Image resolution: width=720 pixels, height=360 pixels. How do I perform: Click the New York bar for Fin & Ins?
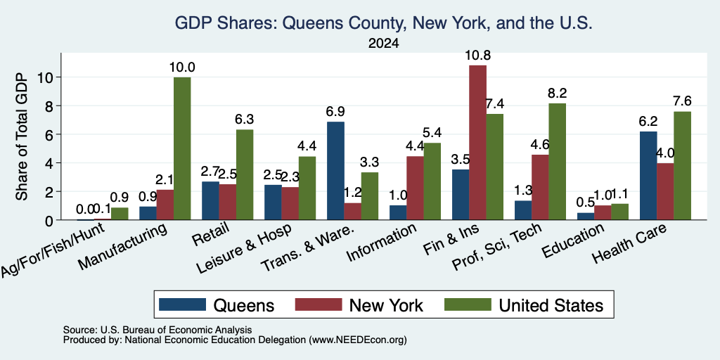(477, 143)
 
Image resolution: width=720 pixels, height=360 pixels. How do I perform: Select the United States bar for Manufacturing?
(182, 149)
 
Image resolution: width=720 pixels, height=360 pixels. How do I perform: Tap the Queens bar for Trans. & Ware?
(335, 171)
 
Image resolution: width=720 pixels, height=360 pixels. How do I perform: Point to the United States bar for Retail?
(244, 175)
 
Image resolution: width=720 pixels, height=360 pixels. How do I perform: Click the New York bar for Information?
(415, 188)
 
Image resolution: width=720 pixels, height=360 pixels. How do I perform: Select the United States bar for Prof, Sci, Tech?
(557, 162)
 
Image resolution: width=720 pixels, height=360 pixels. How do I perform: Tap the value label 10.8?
(477, 56)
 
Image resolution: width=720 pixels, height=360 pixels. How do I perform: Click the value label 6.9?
(335, 112)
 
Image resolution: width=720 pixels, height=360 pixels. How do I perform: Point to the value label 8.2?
(558, 94)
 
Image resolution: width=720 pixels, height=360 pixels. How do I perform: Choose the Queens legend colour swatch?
(182, 305)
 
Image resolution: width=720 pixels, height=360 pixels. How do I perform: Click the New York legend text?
(386, 305)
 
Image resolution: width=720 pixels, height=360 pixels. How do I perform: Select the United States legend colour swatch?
(468, 305)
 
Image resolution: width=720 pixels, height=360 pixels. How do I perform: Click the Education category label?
(572, 240)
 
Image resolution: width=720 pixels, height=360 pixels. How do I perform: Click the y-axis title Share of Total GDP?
(22, 136)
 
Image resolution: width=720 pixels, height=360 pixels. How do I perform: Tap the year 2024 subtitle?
(383, 44)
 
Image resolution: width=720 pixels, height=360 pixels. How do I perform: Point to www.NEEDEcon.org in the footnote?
(358, 340)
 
